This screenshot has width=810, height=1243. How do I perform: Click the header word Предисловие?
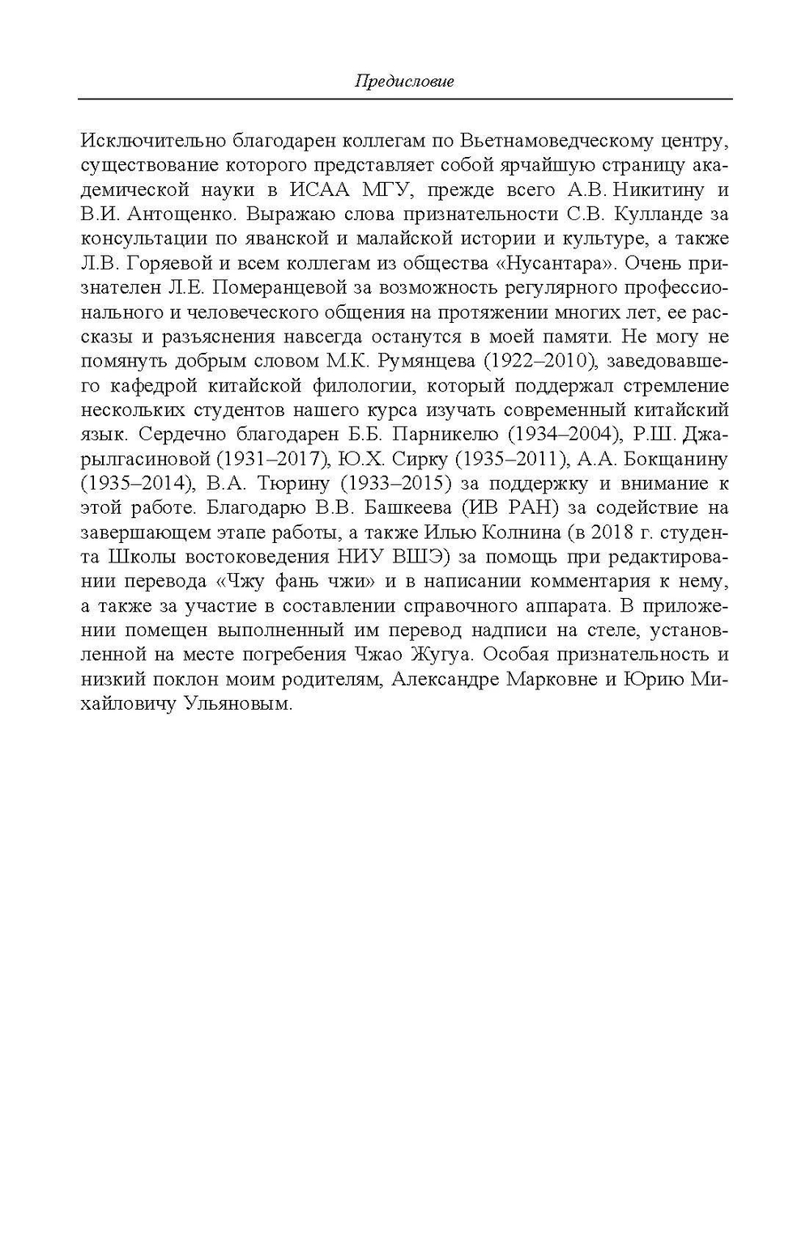(404, 81)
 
